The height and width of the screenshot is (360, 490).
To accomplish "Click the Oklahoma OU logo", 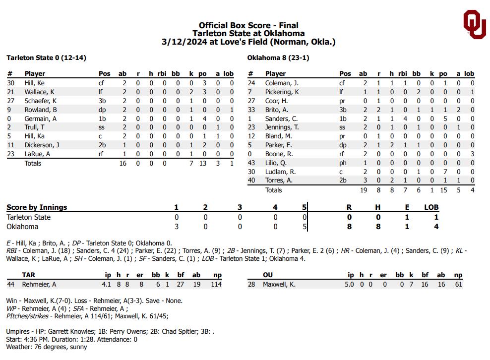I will click(474, 24).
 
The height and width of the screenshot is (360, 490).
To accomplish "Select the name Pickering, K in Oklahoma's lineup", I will click(282, 92).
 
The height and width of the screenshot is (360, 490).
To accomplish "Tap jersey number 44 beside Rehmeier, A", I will click(10, 284).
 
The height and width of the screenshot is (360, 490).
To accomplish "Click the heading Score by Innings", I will click(37, 207).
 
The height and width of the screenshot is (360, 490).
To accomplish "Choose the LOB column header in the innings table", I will click(431, 207).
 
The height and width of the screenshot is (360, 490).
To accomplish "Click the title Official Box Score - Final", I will click(248, 25).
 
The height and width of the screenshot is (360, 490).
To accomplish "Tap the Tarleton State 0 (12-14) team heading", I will click(46, 58).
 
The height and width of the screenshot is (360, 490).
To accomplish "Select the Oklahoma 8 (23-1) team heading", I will click(278, 58).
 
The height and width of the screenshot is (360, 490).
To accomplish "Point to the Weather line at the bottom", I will click(47, 347).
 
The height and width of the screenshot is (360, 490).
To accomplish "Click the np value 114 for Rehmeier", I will click(216, 284).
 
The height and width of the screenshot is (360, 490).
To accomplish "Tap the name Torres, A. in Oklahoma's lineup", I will click(279, 180).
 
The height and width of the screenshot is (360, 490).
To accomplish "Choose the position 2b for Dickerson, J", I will click(102, 145).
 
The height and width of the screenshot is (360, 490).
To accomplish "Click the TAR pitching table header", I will click(28, 275).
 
